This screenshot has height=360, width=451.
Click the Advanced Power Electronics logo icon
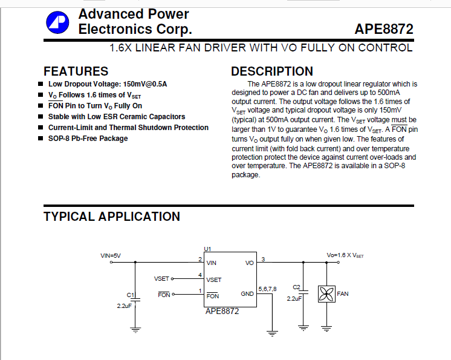pos(57,22)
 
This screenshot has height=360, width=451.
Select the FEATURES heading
pos(76,71)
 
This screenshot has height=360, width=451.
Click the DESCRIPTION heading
pos(272,71)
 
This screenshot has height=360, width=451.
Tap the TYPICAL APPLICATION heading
pos(112,217)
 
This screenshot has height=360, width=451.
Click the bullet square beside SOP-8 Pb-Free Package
pos(41,139)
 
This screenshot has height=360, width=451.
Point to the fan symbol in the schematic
pos(326,295)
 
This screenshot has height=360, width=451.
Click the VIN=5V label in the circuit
pos(111,256)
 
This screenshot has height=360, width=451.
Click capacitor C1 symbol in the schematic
pos(135,299)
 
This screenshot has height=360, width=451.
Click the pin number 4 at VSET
pos(200,275)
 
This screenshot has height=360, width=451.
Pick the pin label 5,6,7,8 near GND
pos(267,289)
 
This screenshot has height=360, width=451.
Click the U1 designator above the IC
pos(207,249)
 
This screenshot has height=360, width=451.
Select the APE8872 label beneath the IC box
pos(222,312)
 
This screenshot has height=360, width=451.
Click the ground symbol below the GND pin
pos(273,332)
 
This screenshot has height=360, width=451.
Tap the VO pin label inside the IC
pos(249,263)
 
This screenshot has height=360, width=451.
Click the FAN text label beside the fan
pos(342,294)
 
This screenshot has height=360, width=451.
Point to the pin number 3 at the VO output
pos(263,259)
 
